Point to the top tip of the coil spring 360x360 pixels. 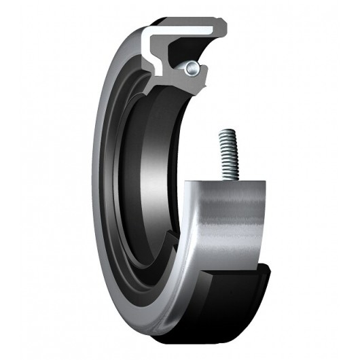pos(225,132)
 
